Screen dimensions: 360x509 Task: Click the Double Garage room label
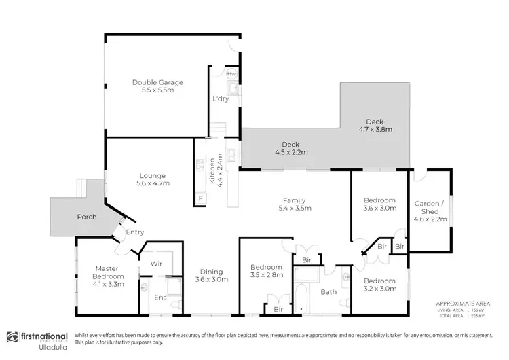157,86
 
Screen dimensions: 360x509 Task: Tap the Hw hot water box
231,73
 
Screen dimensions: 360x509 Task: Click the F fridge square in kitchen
200,198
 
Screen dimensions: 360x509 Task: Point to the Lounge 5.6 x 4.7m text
152,179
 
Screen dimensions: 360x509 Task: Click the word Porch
87,217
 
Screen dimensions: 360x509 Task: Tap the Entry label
135,232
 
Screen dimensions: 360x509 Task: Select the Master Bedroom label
109,272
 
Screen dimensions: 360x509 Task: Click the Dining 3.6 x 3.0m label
212,275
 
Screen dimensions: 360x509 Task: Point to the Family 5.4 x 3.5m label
295,204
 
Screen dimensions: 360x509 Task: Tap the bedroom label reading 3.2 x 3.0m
379,284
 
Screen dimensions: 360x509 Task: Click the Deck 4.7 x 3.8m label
375,126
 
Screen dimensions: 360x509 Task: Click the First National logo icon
12,337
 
